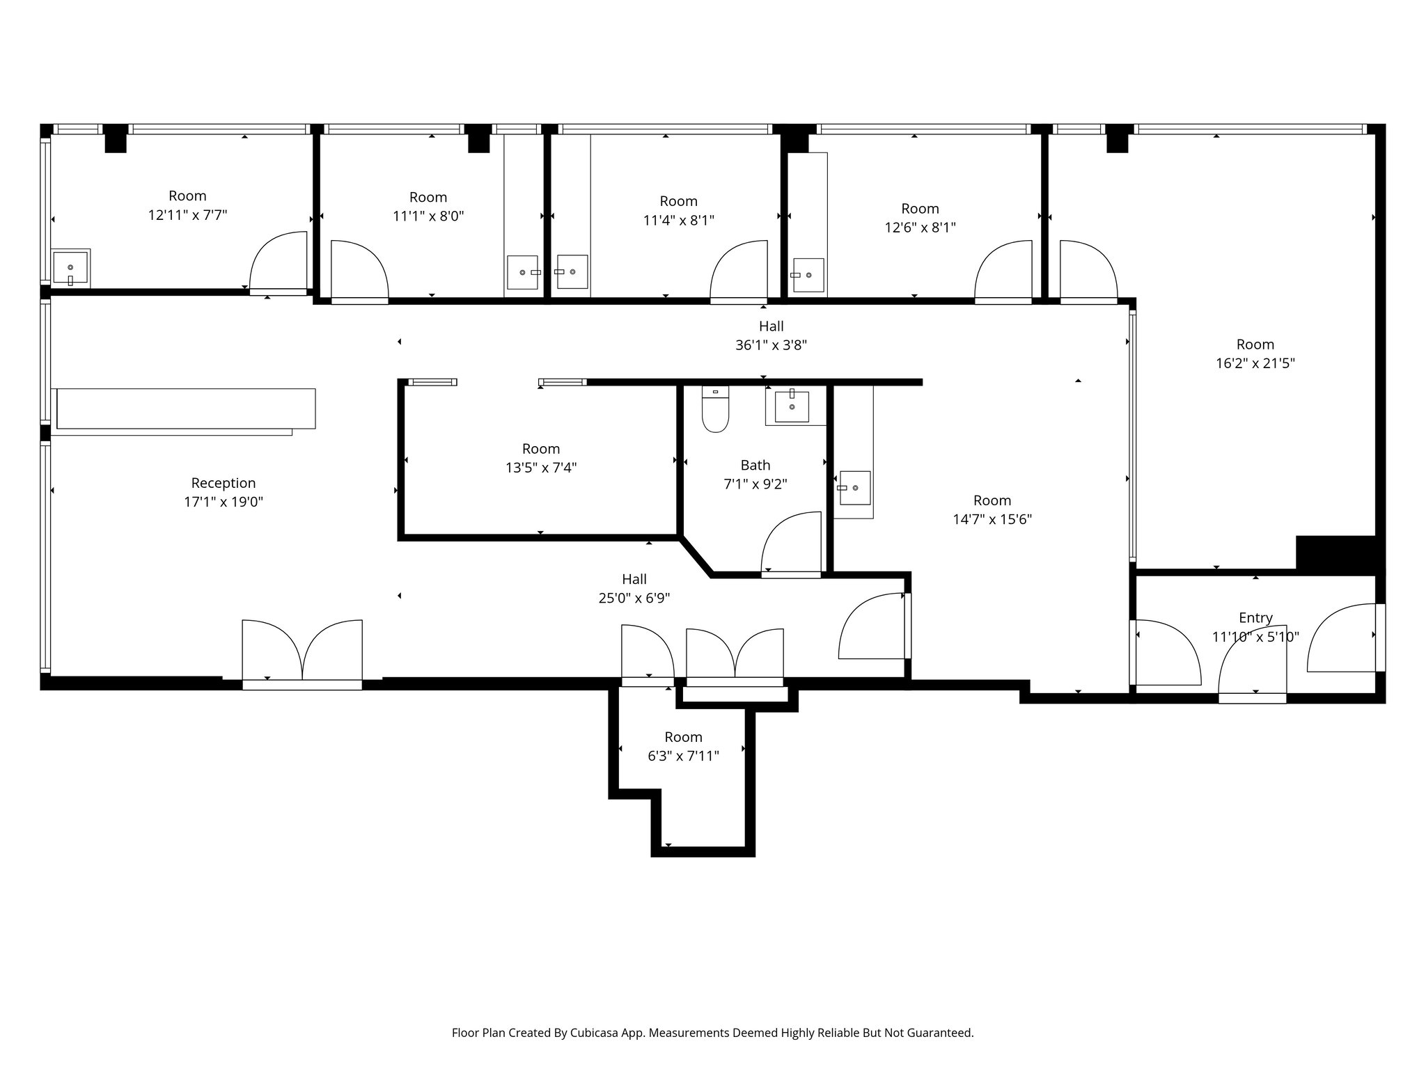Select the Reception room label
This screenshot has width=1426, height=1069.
pos(224,483)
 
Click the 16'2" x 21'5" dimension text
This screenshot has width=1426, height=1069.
pos(1255,363)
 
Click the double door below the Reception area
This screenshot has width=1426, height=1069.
pos(302,651)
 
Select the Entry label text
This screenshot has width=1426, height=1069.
pos(1255,618)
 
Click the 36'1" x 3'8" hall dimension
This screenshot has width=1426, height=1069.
pos(771,345)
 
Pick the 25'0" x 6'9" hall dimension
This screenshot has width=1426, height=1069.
pos(634,598)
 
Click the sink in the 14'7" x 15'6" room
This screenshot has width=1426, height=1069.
pos(854,488)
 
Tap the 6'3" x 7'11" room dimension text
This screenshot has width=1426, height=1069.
pos(683,756)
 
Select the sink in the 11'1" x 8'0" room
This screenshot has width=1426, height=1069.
pos(522,272)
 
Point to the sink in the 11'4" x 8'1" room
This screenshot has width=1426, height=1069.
pos(572,272)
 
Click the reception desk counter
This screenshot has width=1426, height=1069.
pos(186,409)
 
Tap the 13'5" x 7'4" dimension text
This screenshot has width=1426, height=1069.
pos(541,468)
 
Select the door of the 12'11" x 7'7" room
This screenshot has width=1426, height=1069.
pos(279,261)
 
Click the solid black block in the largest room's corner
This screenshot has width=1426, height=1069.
pos(1335,554)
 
